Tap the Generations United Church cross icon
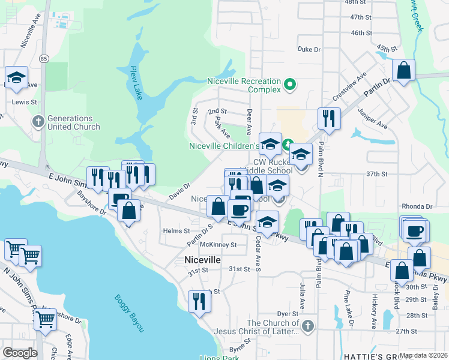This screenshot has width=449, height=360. tap(38, 122)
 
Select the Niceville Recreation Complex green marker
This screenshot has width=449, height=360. tap(291, 85)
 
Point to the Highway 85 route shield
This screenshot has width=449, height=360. tap(44, 58)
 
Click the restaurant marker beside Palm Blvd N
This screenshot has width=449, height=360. tap(328, 118)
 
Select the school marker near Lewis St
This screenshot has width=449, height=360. tap(16, 77)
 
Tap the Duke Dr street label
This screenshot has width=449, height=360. tap(309, 49)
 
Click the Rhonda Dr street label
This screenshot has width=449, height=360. tap(420, 206)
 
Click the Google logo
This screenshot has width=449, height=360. tap(20, 353)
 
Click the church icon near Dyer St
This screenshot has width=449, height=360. tap(307, 327)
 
